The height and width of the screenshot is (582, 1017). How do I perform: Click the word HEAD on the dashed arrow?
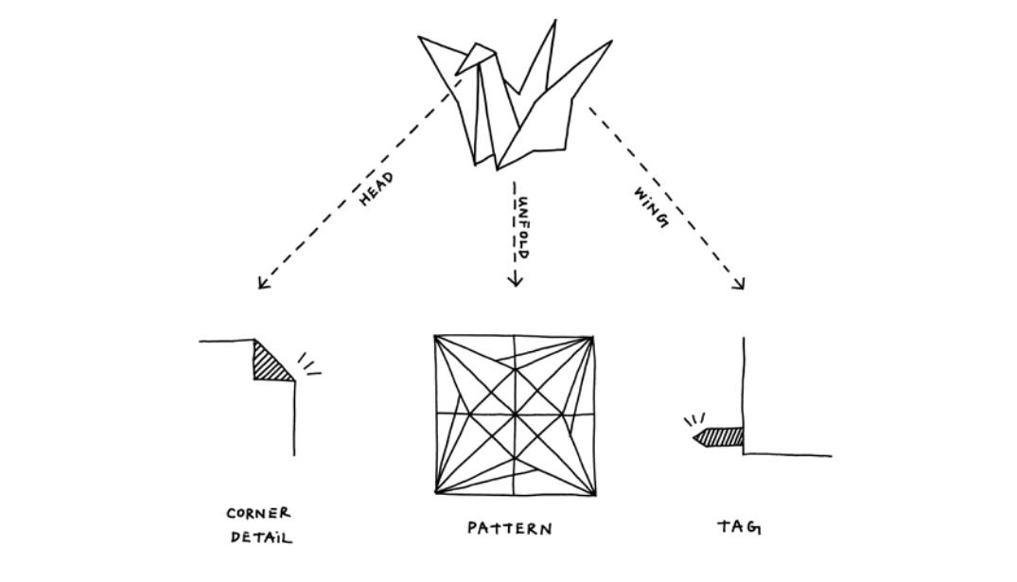[377, 189]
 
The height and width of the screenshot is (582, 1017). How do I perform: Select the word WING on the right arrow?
[651, 206]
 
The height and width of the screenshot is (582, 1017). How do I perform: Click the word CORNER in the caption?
[258, 513]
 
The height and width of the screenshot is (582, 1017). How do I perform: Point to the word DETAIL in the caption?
[261, 538]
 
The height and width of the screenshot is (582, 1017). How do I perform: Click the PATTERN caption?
[510, 528]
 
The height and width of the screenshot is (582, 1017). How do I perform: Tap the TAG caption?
[739, 527]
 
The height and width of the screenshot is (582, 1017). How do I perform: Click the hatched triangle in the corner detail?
[268, 364]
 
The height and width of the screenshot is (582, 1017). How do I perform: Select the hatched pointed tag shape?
[720, 437]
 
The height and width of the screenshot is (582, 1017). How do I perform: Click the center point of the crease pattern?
[515, 414]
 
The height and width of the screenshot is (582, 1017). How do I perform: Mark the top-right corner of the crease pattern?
[594, 336]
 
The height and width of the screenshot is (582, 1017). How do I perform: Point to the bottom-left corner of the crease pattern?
[436, 492]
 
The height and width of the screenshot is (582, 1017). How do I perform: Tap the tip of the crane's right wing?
[610, 42]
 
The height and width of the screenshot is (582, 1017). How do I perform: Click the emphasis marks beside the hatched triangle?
[309, 365]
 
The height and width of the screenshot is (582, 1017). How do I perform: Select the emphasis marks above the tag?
[693, 418]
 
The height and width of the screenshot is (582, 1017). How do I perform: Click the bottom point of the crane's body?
[496, 168]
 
